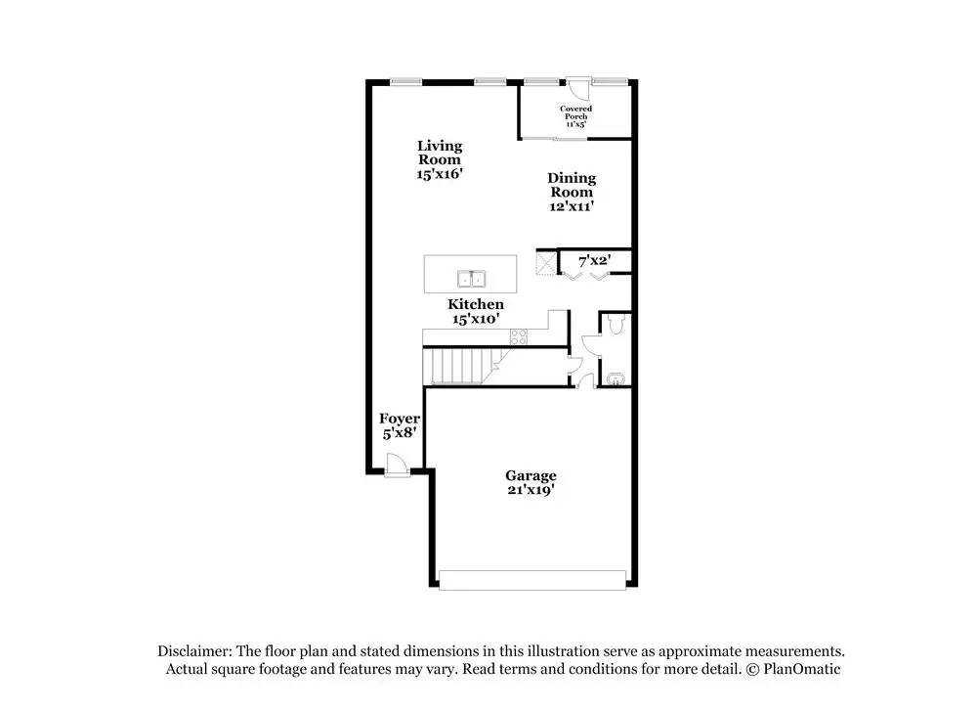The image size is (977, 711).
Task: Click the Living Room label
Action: tap(440, 153)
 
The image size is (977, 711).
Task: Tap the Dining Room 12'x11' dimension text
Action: tap(571, 206)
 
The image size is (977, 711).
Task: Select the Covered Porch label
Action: tap(575, 112)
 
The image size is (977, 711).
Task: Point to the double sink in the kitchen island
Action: tap(471, 277)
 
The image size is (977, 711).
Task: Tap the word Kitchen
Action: tap(476, 304)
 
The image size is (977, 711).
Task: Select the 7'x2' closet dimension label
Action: tap(595, 262)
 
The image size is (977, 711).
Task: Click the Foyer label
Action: tap(400, 419)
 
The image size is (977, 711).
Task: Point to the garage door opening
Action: tap(531, 580)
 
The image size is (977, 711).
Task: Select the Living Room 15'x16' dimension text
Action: tap(440, 173)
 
